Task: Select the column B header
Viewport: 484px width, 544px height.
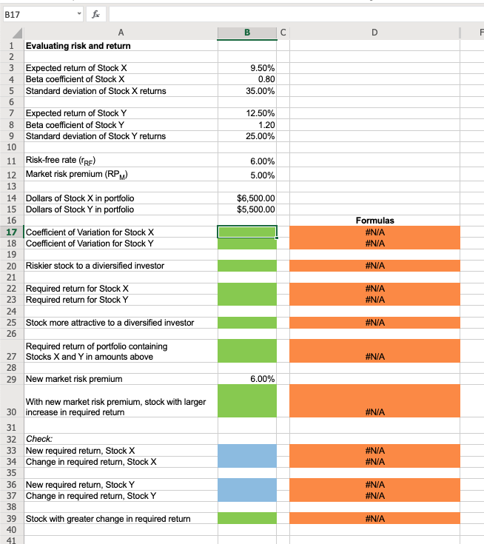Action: (x=246, y=33)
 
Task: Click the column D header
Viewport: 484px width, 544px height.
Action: (x=374, y=33)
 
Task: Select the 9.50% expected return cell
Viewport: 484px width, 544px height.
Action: (x=260, y=67)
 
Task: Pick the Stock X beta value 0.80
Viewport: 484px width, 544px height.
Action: (x=266, y=79)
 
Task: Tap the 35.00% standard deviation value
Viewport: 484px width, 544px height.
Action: (x=260, y=91)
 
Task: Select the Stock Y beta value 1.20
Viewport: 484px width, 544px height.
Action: (x=266, y=124)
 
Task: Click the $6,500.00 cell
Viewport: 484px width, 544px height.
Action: (x=255, y=198)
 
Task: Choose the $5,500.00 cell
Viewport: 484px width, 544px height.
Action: (x=255, y=209)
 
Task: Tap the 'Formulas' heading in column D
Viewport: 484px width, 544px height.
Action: (x=374, y=221)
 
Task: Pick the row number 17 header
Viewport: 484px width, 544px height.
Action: (x=11, y=232)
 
